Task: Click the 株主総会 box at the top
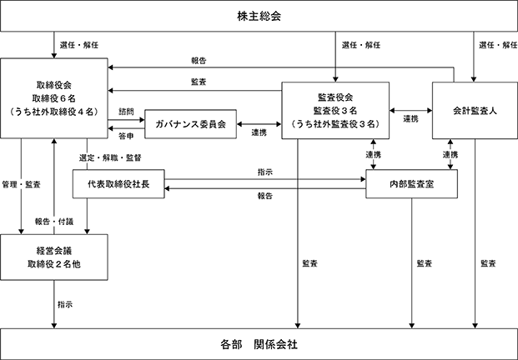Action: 259,16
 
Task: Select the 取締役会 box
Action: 54,98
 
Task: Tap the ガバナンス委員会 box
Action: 191,124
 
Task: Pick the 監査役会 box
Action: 335,110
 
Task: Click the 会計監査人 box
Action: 475,110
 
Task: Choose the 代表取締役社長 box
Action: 118,184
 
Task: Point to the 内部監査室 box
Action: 411,184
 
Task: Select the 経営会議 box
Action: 54,257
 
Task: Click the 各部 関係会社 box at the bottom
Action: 259,344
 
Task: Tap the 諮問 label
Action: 126,112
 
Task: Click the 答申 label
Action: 126,136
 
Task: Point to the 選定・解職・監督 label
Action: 110,157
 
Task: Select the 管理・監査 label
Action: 21,184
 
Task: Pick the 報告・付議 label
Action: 54,222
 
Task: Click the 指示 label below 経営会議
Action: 65,304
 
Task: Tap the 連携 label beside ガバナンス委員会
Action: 259,132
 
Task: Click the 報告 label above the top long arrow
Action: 199,61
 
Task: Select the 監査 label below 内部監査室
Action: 425,263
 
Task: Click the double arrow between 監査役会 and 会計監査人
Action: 410,111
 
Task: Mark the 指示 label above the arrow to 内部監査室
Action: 265,172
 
